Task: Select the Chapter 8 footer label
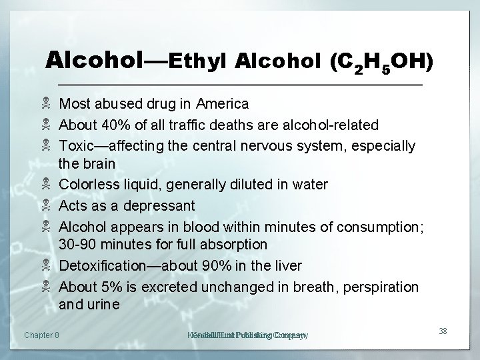41,335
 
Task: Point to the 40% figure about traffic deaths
111,125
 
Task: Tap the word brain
99,163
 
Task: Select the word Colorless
88,184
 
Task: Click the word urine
103,305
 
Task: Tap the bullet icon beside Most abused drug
47,104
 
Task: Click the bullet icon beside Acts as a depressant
47,205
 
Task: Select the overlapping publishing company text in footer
247,335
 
